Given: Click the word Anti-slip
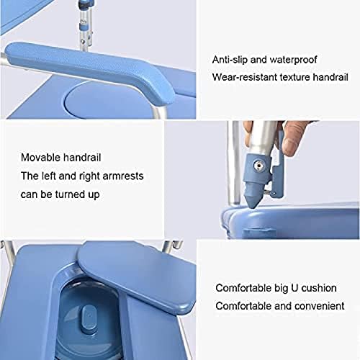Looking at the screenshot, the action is click(230, 60).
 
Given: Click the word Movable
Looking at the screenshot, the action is click(40, 158).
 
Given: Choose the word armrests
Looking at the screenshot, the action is click(123, 176).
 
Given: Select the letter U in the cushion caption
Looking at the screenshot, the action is click(294, 288).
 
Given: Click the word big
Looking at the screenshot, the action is click(281, 289).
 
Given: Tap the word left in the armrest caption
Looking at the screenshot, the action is click(48, 176).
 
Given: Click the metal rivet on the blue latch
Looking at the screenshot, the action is click(258, 165).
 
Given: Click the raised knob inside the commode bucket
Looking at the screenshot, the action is click(89, 318).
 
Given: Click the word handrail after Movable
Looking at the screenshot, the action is click(82, 158).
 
